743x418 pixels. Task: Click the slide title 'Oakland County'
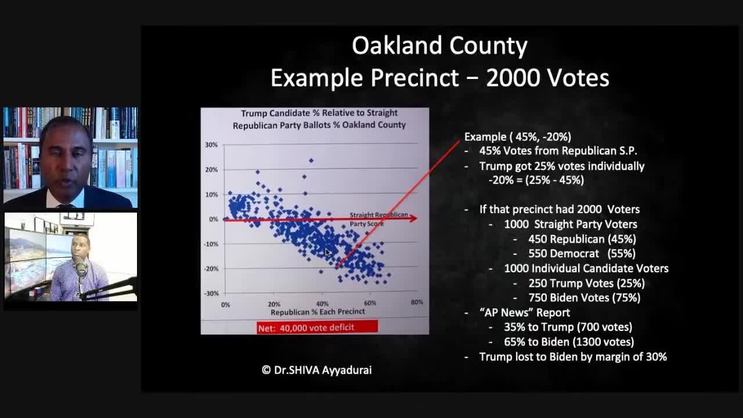point(439,46)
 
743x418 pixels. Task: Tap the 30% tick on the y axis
point(211,145)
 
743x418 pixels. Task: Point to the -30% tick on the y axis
point(211,293)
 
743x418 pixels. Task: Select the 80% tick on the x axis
point(416,302)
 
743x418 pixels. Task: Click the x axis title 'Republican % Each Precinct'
point(318,312)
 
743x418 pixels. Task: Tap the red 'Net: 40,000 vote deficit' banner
point(317,327)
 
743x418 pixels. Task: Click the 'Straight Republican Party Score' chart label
point(378,219)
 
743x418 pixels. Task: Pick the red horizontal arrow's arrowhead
point(413,218)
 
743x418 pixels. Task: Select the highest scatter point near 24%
point(311,160)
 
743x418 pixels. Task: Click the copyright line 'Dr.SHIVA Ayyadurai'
point(316,370)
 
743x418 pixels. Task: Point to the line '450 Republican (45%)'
point(582,239)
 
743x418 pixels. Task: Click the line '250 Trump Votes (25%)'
point(586,283)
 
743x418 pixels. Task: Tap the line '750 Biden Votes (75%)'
point(584,298)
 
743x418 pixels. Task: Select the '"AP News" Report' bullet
point(525,312)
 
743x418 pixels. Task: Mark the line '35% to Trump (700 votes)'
point(568,327)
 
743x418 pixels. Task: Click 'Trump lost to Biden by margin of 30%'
point(573,357)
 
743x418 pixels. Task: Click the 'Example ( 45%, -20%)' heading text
point(518,137)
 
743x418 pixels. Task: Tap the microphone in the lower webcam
point(81,270)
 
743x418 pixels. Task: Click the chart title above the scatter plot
point(319,119)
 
